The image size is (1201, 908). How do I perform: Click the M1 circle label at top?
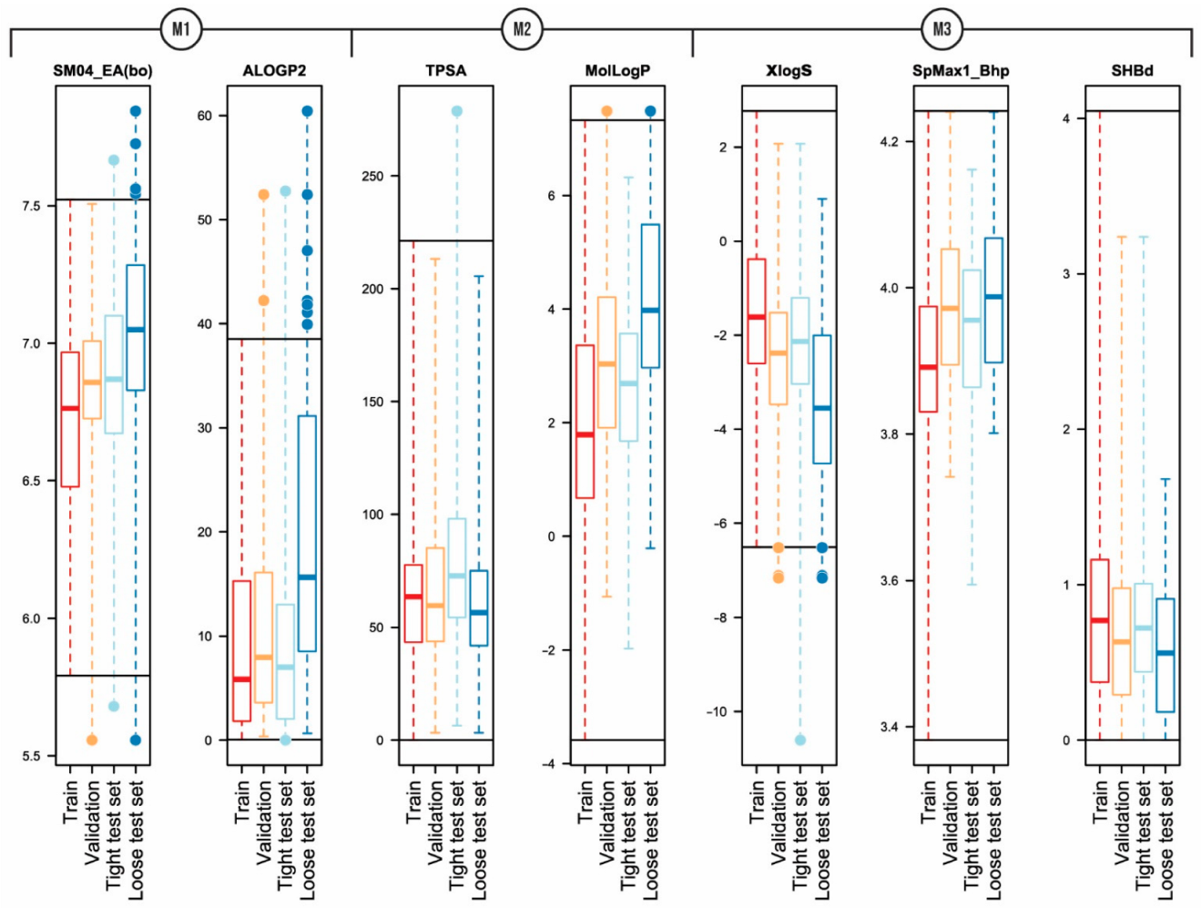click(180, 29)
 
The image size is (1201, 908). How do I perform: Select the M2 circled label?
click(522, 29)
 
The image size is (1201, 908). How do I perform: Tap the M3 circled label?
click(941, 29)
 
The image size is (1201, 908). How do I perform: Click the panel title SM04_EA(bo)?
click(102, 71)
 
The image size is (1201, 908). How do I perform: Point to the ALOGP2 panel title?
click(274, 71)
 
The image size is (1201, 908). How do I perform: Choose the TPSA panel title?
click(445, 71)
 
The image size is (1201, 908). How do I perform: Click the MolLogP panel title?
click(617, 71)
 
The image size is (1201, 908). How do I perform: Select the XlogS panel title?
click(789, 71)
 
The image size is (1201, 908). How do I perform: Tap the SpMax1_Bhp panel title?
click(961, 71)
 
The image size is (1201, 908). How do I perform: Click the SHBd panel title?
click(1132, 71)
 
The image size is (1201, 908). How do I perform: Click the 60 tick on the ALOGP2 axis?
click(204, 116)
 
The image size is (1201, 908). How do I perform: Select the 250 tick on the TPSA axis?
click(373, 176)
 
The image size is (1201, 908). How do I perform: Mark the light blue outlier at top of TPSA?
click(457, 111)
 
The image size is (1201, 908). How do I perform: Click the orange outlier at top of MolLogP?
click(606, 111)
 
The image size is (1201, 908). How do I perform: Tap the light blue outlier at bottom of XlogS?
click(800, 740)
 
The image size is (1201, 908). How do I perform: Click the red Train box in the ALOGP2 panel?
click(241, 651)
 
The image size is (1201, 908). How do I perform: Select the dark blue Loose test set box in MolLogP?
click(650, 296)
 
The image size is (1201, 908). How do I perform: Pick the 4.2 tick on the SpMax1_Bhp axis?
click(889, 142)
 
